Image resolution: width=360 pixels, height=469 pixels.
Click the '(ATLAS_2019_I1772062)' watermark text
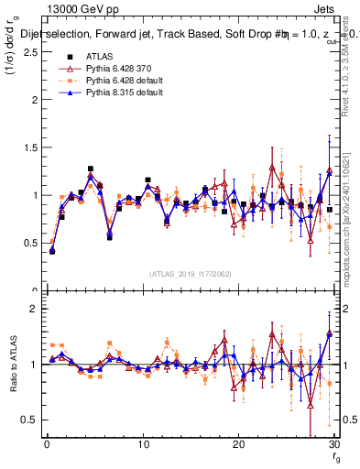(x=189, y=273)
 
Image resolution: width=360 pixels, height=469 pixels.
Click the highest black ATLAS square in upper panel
(x=91, y=169)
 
